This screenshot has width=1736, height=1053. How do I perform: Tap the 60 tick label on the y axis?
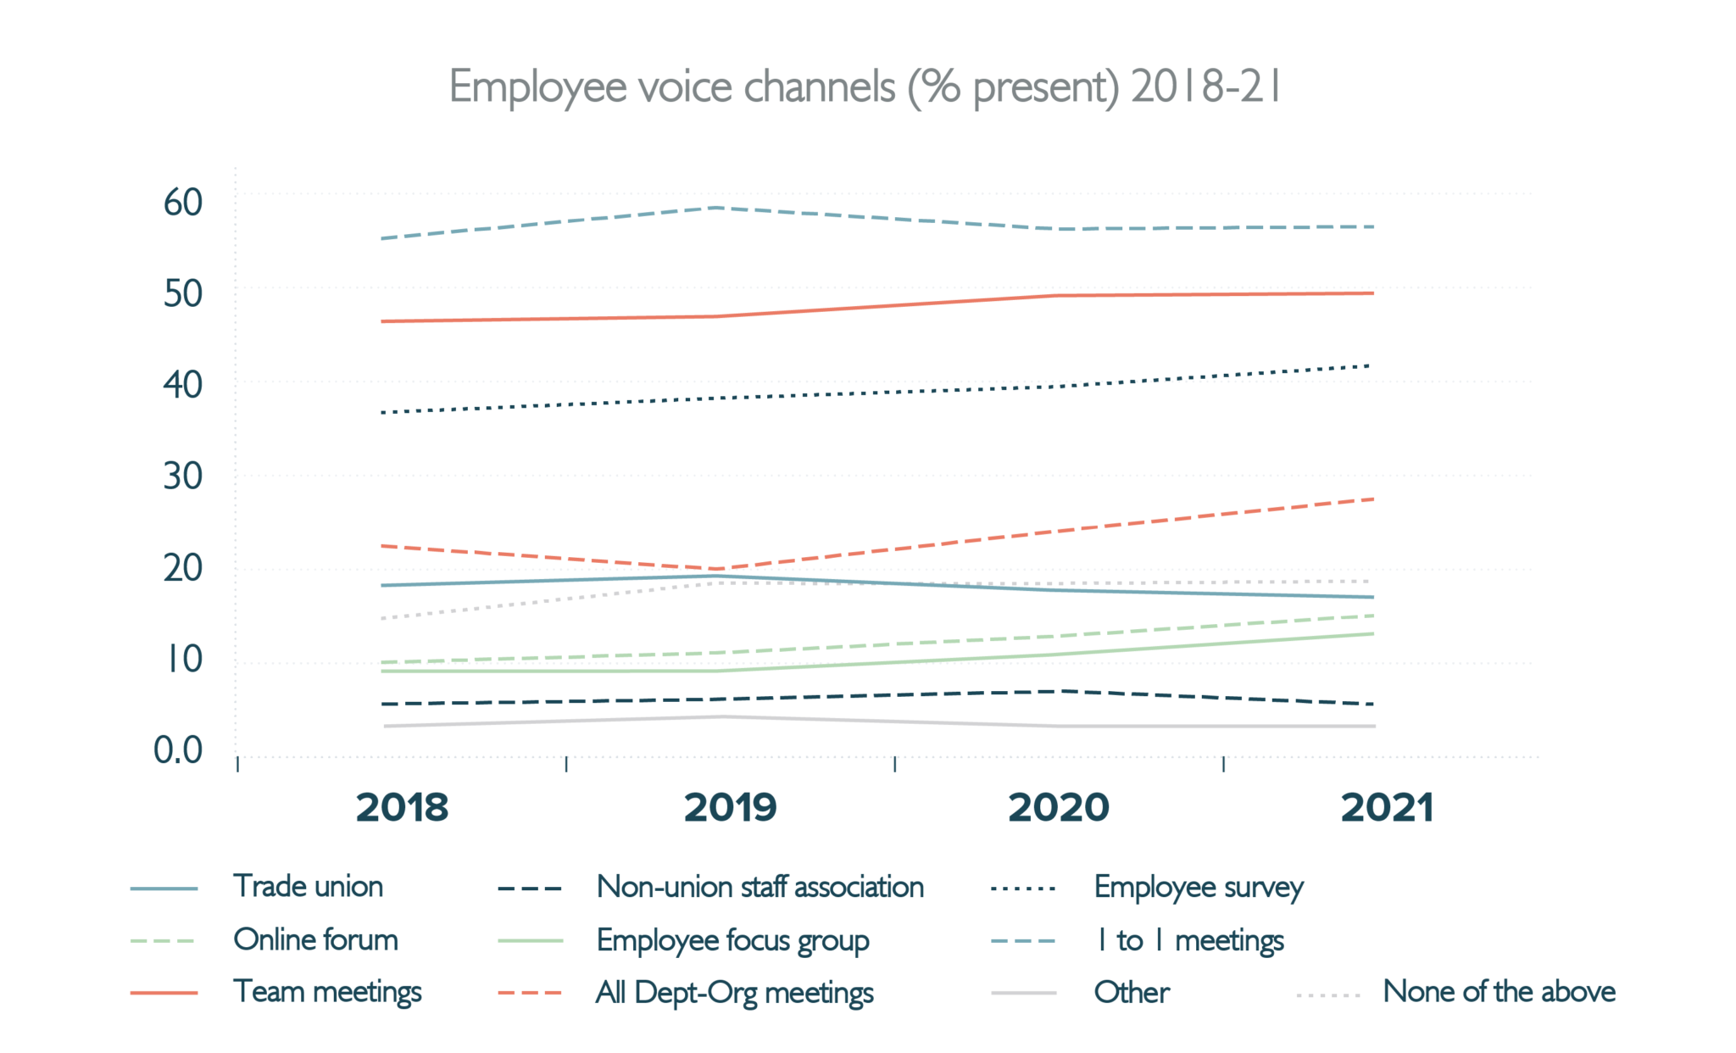coord(183,203)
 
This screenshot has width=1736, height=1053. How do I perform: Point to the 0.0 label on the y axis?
coord(178,750)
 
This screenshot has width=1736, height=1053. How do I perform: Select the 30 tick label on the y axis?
coord(183,476)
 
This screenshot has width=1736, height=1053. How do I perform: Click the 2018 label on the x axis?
coord(402,807)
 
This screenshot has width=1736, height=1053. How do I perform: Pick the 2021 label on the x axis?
coord(1387,807)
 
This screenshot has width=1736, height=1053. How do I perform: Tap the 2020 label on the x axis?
coord(1058,807)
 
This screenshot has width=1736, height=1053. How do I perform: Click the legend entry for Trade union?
coord(308,887)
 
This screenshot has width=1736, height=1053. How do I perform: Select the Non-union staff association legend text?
coord(759,887)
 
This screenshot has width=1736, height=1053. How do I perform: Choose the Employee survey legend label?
coord(1198,888)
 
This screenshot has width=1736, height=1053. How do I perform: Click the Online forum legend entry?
coord(315,939)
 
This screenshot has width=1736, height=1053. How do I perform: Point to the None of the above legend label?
coord(1499,991)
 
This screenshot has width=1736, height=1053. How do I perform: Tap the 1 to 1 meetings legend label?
coord(1189,940)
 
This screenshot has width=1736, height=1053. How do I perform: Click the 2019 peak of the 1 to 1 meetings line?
coord(717,208)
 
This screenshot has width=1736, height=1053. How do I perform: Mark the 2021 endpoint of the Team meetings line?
coord(1372,293)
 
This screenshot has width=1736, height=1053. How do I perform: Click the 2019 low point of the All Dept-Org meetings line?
coord(717,569)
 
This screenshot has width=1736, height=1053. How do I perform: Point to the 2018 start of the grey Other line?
coord(385,727)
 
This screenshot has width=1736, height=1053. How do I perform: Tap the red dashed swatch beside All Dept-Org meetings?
coord(531,993)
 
